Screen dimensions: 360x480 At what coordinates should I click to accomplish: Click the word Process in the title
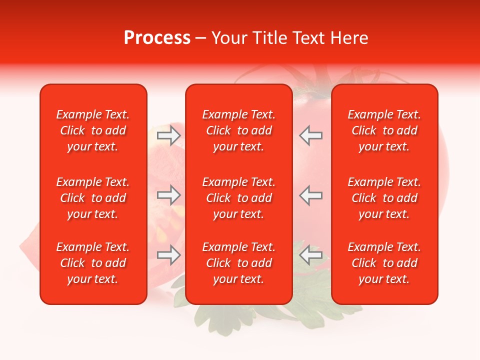tap(157, 38)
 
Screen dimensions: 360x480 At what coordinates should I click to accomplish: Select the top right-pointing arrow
tap(169, 135)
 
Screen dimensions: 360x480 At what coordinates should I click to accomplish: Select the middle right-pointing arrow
tap(169, 195)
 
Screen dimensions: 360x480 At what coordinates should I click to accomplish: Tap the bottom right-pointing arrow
tap(169, 255)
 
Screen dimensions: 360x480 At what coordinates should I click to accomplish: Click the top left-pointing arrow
tap(310, 135)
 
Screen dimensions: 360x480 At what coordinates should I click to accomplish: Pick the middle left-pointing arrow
tap(310, 195)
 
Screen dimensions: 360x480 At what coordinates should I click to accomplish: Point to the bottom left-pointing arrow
tap(310, 255)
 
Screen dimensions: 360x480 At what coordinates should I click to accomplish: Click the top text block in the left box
tap(93, 130)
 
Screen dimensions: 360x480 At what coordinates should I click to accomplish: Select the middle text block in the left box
tap(93, 198)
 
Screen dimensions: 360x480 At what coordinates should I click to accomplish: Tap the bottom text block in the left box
tap(93, 263)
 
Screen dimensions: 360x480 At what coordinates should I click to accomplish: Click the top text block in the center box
tap(238, 130)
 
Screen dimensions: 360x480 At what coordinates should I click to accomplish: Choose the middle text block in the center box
tap(238, 198)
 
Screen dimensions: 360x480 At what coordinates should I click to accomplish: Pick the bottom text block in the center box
tap(238, 263)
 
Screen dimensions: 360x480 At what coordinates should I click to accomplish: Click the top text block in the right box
tap(384, 130)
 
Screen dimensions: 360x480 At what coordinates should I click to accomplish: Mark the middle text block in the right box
tap(384, 198)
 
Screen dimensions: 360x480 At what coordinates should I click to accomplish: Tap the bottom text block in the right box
tap(384, 263)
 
